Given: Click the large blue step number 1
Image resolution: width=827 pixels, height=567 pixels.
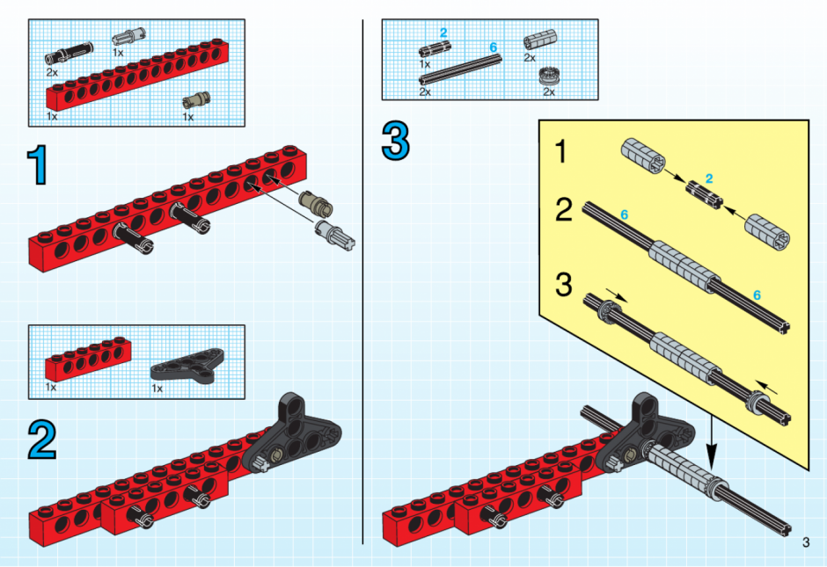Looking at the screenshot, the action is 39,166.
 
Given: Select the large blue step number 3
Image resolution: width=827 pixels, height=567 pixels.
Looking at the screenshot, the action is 396,140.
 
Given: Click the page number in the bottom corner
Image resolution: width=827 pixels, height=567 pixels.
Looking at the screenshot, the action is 805,542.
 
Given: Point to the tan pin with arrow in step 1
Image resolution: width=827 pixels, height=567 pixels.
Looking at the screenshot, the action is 316,205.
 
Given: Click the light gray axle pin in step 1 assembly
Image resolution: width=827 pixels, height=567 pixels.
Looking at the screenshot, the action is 334,235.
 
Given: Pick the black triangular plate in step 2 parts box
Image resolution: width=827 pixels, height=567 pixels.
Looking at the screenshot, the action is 187,364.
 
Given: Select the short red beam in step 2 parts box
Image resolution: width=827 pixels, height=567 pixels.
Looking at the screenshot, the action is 88,359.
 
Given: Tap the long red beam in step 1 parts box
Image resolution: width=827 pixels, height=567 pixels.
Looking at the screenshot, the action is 137,75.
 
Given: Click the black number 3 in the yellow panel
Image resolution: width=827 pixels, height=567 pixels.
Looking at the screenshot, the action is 564,284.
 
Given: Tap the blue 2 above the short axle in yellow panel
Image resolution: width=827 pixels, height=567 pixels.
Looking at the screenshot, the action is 709,178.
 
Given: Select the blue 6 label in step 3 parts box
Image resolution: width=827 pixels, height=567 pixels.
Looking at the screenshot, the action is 494,47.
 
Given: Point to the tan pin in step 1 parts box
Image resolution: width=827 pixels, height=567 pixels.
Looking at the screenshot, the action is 196,100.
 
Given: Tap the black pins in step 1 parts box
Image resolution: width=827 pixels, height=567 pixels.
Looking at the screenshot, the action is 69,54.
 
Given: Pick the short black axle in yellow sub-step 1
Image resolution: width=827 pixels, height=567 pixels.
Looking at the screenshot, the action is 704,194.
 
